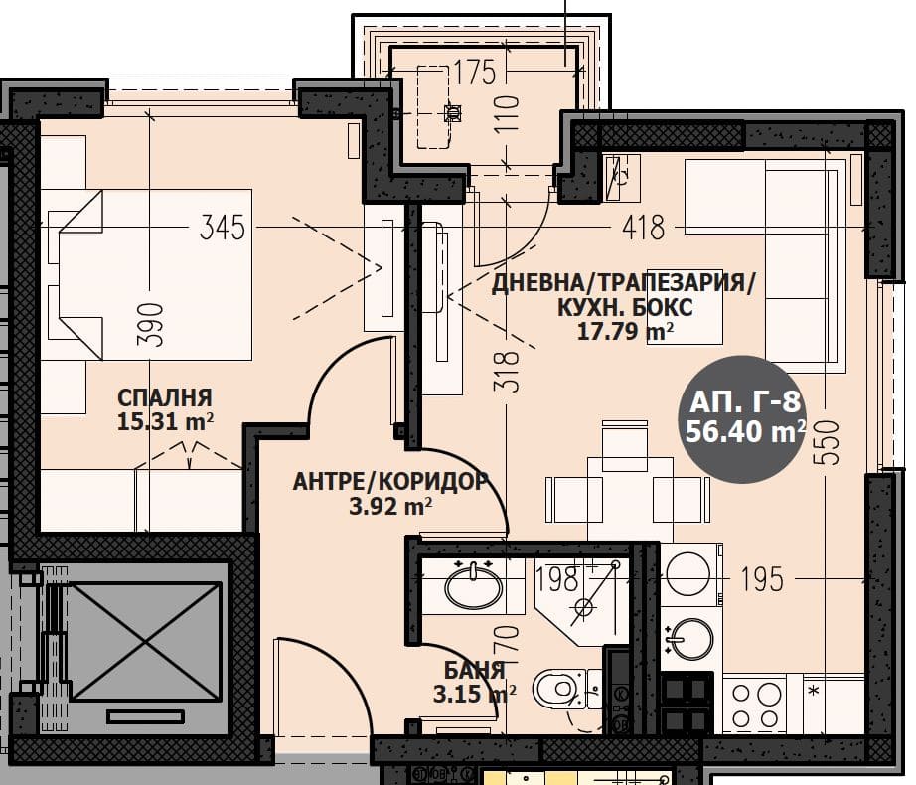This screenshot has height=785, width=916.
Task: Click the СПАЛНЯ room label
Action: point(165,397)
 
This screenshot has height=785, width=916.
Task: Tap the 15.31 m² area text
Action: point(165,421)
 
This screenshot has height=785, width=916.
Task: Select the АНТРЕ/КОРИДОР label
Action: point(390,482)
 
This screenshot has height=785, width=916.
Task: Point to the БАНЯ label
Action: point(474,670)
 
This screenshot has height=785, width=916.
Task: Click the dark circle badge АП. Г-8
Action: point(742,419)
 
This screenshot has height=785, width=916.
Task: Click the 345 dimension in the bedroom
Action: point(222,228)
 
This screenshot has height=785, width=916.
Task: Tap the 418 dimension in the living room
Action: point(643,228)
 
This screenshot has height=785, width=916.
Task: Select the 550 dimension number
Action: point(830,442)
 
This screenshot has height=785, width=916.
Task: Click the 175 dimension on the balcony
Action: point(474,73)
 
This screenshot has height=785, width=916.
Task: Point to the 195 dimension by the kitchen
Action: point(762,579)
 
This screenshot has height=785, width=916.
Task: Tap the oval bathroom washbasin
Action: point(473,586)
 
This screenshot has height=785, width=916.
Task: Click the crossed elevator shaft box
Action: point(146,641)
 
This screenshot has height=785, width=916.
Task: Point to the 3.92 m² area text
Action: point(390,506)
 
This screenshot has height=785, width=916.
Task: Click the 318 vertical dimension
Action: point(506,371)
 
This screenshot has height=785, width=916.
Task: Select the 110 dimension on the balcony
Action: point(506,114)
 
